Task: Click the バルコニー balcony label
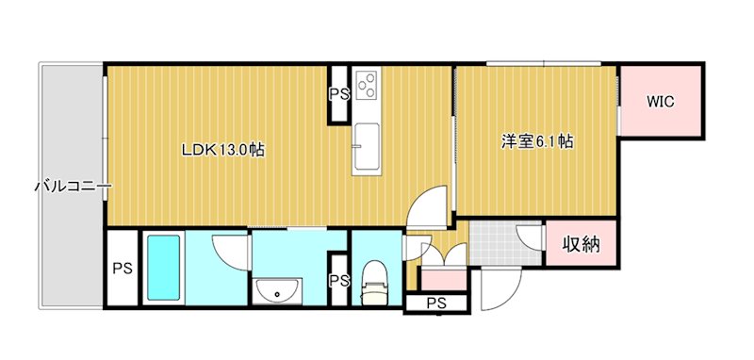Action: [x=73, y=187]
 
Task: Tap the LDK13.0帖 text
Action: [x=222, y=149]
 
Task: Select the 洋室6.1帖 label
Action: [x=536, y=142]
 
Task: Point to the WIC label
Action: [x=660, y=103]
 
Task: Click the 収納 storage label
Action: [x=582, y=245]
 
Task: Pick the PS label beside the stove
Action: [x=338, y=93]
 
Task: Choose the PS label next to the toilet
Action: [x=338, y=280]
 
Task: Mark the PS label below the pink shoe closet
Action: [x=434, y=303]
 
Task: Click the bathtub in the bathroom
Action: [x=163, y=269]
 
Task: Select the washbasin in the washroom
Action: [x=279, y=293]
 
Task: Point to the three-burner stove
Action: [x=366, y=85]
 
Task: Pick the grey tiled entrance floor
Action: [x=504, y=242]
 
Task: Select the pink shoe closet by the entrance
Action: [x=443, y=279]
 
